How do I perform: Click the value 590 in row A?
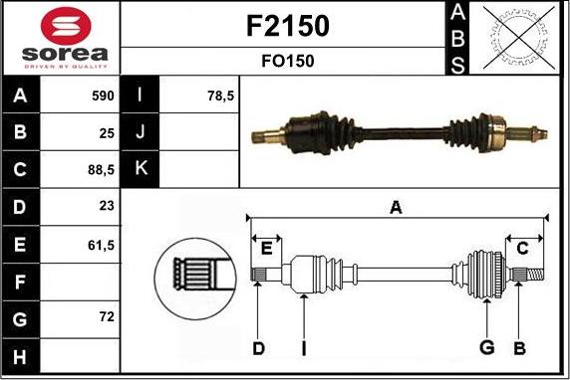(x=104, y=96)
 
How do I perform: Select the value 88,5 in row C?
(x=102, y=169)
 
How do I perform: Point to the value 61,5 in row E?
(x=102, y=243)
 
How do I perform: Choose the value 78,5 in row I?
(x=219, y=96)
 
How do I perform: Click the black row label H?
(x=21, y=354)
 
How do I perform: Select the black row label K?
(x=141, y=169)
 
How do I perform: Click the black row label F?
(x=21, y=281)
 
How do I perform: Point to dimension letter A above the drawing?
(x=396, y=208)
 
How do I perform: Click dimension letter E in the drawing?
(x=266, y=248)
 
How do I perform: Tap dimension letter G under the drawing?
(x=487, y=347)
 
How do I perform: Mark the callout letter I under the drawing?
(x=304, y=347)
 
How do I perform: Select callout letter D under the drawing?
(x=258, y=347)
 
